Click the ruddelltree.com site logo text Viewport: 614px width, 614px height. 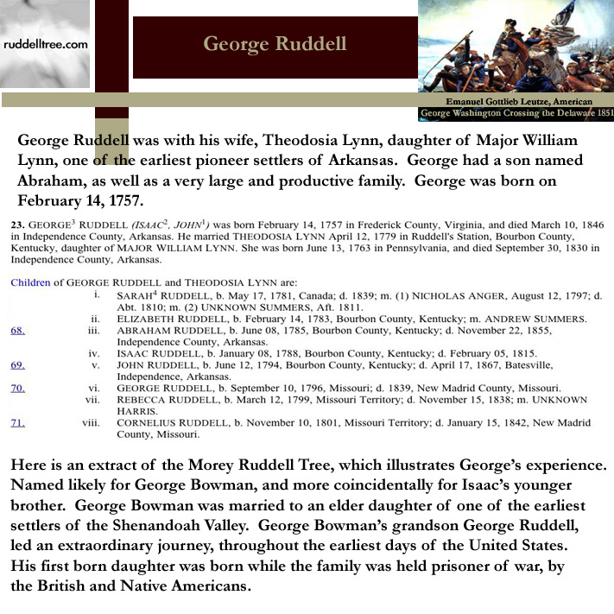(44, 42)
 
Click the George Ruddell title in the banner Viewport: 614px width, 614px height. (275, 44)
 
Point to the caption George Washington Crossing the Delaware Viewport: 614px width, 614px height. (516, 114)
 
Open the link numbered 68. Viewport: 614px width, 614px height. (17, 330)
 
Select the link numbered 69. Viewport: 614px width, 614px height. (17, 365)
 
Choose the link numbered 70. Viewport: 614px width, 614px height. (17, 388)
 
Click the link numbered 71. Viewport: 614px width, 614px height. (17, 423)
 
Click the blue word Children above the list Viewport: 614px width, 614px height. (30, 282)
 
